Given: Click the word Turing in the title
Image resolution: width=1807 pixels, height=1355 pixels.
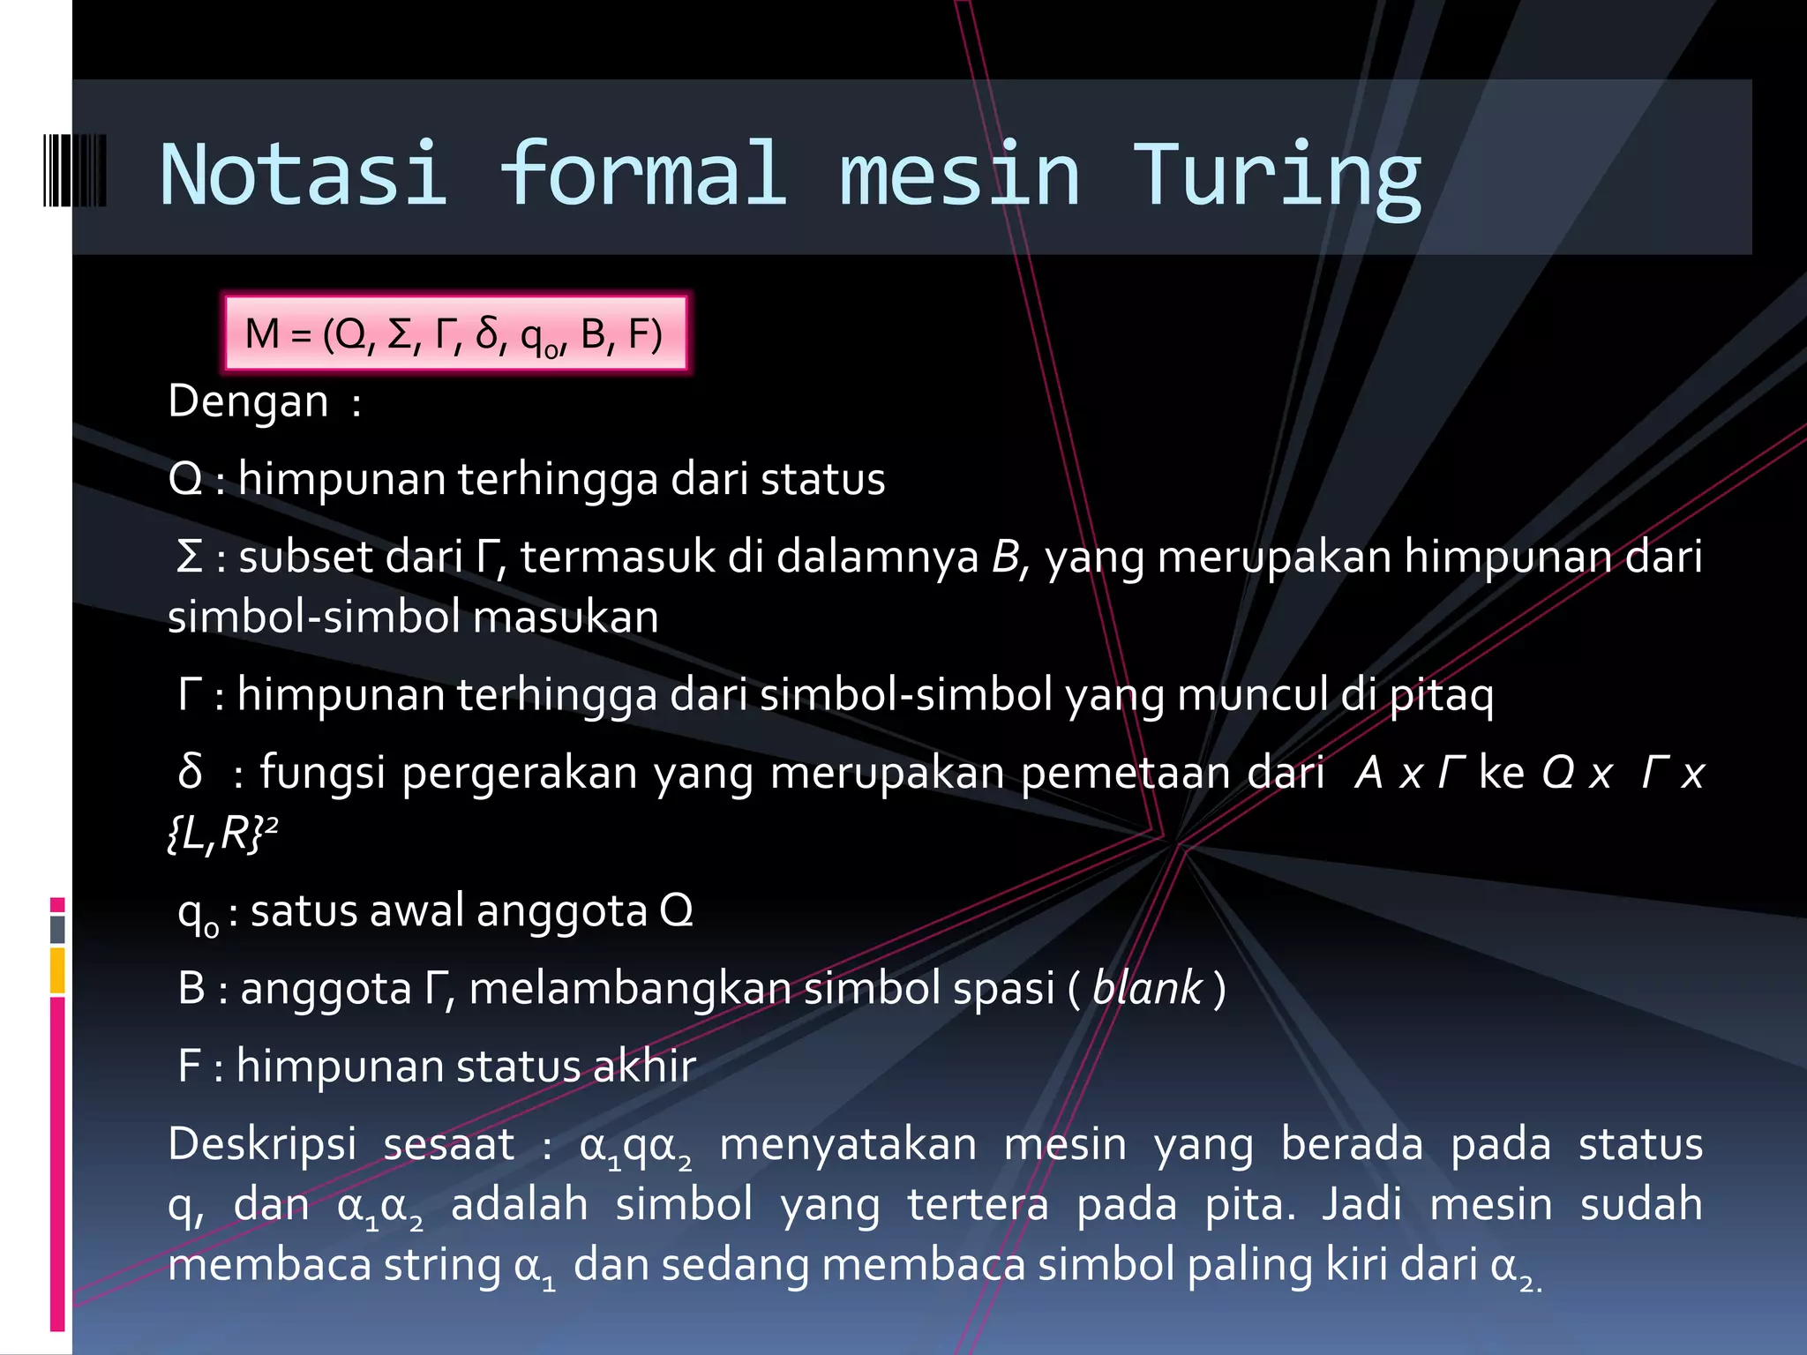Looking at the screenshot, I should (x=1276, y=176).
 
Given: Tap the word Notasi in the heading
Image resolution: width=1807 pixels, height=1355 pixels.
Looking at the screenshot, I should (x=304, y=176).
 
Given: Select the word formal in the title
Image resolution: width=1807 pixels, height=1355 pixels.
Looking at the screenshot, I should (x=642, y=176).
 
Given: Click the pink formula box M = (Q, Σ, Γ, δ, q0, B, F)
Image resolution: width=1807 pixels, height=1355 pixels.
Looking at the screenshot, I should (x=454, y=334).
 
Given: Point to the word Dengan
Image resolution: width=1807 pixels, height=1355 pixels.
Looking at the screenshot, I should (x=248, y=401).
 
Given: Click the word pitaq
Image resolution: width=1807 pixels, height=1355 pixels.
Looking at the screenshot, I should (x=1442, y=695).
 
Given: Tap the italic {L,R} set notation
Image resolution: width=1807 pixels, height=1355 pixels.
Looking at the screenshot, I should (x=217, y=833).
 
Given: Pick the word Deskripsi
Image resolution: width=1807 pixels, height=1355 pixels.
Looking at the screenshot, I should (x=262, y=1144).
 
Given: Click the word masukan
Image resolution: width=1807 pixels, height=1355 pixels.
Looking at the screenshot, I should (x=566, y=617).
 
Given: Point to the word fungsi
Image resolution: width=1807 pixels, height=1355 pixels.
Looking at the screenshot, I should (x=322, y=773).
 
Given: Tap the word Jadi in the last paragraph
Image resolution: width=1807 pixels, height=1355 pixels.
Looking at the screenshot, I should (x=1361, y=1204).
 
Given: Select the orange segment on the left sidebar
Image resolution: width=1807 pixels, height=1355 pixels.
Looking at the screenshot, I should (x=57, y=970).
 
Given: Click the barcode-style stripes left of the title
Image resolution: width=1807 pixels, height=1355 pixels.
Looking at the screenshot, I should (x=75, y=170).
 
